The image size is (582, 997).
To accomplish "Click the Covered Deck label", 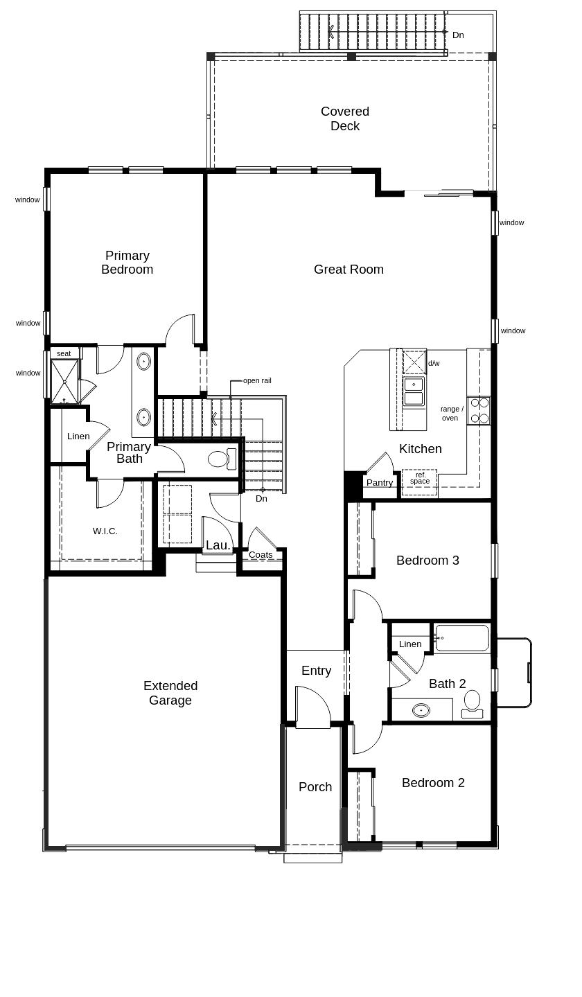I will click(344, 118).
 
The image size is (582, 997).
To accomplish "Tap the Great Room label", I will click(349, 270).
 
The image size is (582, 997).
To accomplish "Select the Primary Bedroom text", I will click(127, 263).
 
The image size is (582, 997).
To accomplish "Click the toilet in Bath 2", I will click(472, 702).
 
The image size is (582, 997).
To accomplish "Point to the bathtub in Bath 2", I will click(462, 638).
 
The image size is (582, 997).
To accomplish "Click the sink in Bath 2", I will click(421, 710).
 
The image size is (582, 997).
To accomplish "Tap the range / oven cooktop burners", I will click(479, 410).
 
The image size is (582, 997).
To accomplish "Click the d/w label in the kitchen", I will click(434, 363).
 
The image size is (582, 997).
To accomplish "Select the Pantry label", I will click(380, 483).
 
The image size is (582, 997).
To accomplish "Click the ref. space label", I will click(420, 478).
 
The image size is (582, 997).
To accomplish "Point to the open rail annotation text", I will click(257, 380).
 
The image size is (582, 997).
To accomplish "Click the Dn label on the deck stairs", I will click(458, 35).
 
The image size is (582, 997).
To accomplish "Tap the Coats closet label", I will click(261, 555).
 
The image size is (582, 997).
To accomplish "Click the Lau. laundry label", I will click(218, 545).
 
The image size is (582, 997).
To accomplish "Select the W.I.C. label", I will click(105, 531).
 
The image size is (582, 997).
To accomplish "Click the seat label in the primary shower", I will click(64, 353).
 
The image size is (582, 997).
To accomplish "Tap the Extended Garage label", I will click(170, 693).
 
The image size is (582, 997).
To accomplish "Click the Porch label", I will click(315, 787).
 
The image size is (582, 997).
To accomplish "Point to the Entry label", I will click(316, 671).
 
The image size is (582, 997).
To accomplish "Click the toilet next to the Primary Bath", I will click(221, 459).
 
